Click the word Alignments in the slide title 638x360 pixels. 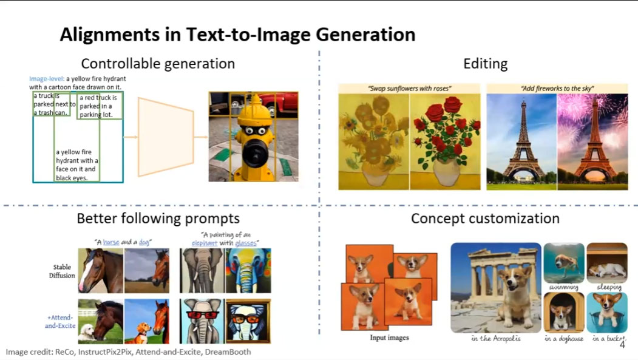point(109,35)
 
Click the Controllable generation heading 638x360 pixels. point(158,64)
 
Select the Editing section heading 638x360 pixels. point(486,64)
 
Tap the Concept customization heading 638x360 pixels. point(486,219)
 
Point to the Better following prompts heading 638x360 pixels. point(158,219)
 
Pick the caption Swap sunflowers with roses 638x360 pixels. point(409,88)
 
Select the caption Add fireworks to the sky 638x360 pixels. point(557,88)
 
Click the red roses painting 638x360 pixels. point(445,141)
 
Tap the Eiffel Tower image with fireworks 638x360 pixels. point(592,141)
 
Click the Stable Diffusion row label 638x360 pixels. point(62,271)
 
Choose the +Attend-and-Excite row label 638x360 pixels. point(61,321)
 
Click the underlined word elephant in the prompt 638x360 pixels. point(204,243)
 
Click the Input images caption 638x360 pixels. point(389,338)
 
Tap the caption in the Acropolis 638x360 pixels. point(495,338)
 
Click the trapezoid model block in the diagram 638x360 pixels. point(166,137)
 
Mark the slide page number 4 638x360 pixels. point(622,345)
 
